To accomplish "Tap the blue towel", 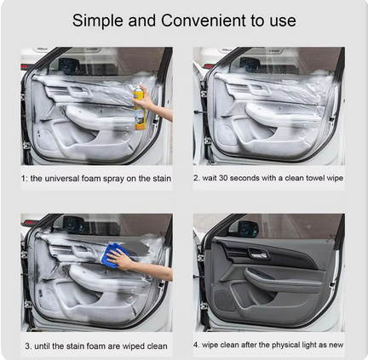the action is pos(112,255).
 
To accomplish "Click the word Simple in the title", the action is pos(98,20).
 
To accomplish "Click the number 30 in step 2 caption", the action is pos(223,178).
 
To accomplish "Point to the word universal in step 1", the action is pos(62,179).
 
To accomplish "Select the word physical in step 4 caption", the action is pos(287,346).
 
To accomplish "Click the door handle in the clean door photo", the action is pos(258,254).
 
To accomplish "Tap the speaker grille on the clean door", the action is pos(225,300).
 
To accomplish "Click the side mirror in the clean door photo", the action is pos(248,229).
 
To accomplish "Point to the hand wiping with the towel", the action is pos(119,260).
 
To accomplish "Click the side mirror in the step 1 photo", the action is pos(69,66).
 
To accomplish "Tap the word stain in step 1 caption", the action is pos(162,179).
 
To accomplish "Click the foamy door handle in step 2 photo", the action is pos(259,89).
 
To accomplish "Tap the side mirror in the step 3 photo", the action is pos(73,225).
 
